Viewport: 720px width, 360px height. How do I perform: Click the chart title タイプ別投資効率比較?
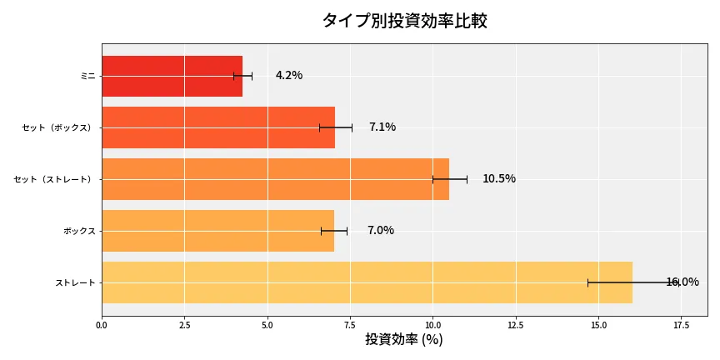click(404, 21)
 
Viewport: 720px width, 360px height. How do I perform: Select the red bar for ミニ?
click(172, 76)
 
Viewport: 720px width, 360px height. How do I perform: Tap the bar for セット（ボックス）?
click(218, 127)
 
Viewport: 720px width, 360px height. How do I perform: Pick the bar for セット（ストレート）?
click(275, 179)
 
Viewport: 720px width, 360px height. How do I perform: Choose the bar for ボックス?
click(217, 231)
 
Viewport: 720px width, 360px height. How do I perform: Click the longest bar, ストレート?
click(367, 282)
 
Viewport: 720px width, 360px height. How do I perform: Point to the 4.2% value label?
click(289, 76)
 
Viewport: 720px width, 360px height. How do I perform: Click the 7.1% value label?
click(382, 127)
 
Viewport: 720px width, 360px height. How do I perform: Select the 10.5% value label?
click(499, 179)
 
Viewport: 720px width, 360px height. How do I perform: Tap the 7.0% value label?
click(381, 231)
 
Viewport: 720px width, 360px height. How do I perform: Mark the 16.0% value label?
click(682, 282)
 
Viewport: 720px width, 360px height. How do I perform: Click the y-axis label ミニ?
click(87, 76)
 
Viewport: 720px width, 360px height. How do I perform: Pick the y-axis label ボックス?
click(79, 231)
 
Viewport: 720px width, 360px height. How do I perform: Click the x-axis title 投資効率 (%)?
click(404, 340)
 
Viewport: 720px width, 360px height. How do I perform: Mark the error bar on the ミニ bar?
click(242, 76)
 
